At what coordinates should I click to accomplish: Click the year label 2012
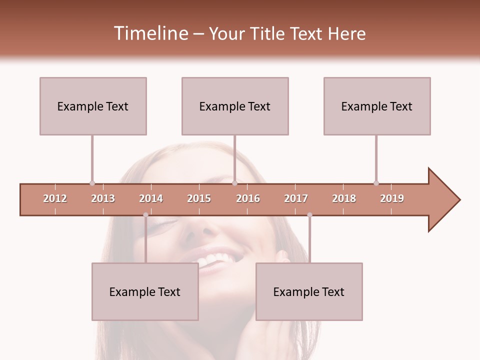coord(55,198)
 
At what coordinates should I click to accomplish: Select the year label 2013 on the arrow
coord(103,198)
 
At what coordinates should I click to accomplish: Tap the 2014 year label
coord(151,198)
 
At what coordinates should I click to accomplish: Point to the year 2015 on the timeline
coord(199,198)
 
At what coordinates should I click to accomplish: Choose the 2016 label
coord(248,198)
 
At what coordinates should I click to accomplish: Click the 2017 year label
coord(296,198)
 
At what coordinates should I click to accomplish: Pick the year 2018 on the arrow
coord(344,198)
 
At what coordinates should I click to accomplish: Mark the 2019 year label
coord(392,198)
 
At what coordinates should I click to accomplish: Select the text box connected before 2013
coord(93,106)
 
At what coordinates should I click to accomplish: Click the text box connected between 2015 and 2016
coord(235,106)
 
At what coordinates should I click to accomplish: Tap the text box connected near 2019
coord(377,106)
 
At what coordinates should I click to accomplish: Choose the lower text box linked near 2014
coord(145,291)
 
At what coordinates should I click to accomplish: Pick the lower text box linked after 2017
coord(309,291)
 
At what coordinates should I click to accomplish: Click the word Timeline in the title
coord(150,33)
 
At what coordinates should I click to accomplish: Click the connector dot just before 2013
coord(92,183)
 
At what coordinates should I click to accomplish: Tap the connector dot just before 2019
coord(376,183)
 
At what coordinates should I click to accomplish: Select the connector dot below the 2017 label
coord(309,215)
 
